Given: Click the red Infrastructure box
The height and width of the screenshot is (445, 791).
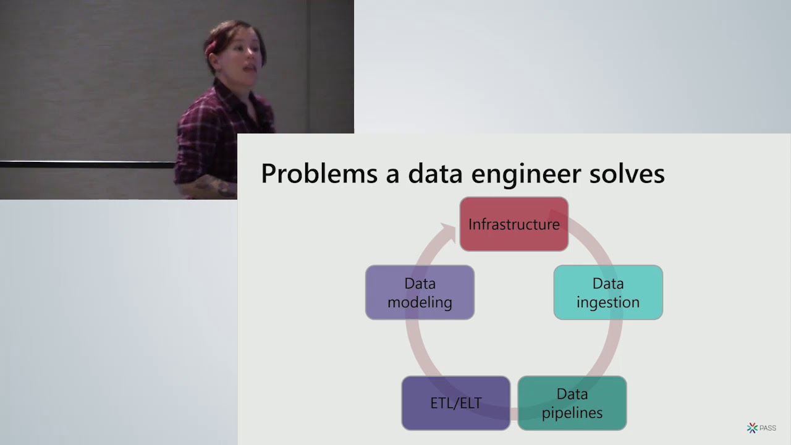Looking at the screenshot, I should [514, 224].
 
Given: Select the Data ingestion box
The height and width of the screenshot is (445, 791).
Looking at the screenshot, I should [608, 292].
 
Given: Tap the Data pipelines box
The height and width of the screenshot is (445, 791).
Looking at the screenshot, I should [572, 403].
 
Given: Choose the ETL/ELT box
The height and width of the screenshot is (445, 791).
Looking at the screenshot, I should [455, 403].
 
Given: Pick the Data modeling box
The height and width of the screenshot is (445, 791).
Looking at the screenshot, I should [420, 292].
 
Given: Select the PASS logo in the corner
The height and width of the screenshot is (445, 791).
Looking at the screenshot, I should [761, 428].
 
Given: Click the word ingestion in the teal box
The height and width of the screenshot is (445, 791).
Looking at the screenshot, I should [608, 302].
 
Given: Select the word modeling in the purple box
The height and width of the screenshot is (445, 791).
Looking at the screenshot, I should [420, 302].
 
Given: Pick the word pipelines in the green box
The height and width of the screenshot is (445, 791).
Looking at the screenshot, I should [572, 412].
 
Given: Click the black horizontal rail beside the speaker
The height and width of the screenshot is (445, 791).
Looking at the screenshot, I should [87, 164].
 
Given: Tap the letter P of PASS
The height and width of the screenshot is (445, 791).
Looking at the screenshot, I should [762, 428].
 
